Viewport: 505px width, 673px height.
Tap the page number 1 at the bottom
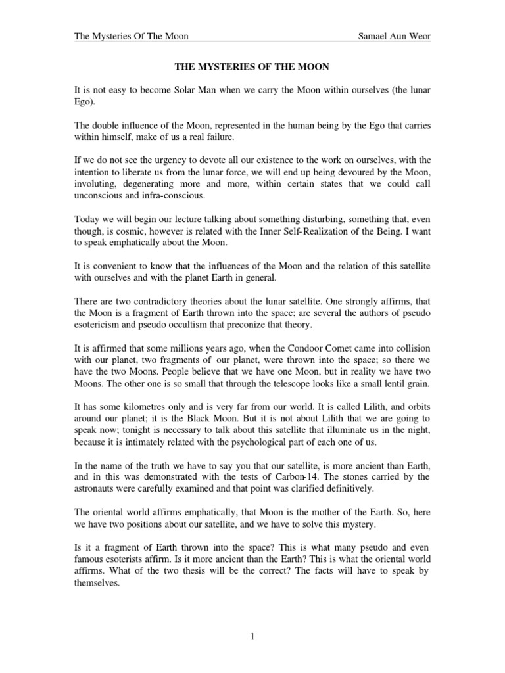tap(252, 636)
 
